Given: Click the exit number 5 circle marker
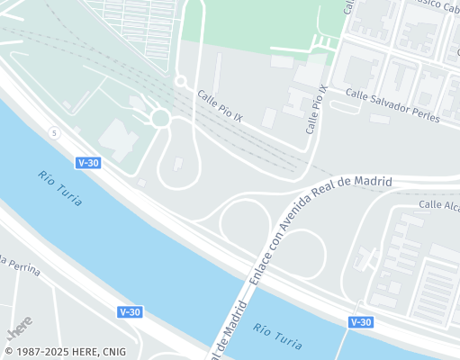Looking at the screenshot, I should [54, 133].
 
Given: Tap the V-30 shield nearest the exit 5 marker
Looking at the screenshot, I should [88, 163].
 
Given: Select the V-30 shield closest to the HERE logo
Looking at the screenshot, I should [130, 311].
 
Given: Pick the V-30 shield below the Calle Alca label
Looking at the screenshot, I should [360, 321].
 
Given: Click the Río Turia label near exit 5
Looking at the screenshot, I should [60, 188].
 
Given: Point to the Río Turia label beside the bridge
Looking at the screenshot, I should [277, 337].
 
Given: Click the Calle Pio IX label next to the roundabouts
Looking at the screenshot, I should [220, 105].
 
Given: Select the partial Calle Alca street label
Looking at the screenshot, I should [439, 205].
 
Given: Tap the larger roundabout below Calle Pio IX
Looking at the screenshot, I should [161, 118].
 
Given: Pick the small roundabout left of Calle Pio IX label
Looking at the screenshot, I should [180, 81].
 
